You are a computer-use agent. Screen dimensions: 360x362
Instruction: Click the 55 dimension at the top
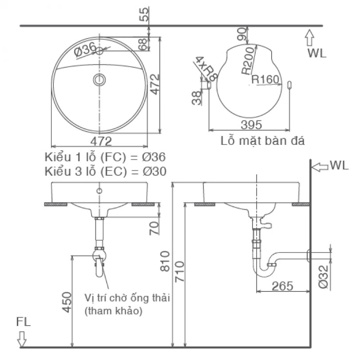pos(144,14)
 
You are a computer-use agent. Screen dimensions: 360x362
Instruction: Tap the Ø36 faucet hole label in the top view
pos(85,49)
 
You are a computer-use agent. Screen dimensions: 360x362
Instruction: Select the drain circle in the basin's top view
pos(99,80)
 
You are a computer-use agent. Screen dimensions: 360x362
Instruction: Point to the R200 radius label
pos(248,61)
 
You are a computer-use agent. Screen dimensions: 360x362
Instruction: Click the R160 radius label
pos(265,80)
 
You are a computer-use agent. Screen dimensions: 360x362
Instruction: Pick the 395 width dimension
pos(252,125)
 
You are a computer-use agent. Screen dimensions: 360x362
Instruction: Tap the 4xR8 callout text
pos(206,68)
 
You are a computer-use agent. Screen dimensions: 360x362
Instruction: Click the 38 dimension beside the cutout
pos(197,98)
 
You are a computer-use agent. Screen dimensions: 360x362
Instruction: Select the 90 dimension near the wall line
pos(242,34)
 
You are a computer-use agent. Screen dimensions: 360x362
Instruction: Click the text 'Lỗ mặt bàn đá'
pos(262,141)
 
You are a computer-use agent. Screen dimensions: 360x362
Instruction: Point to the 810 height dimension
pos(165,261)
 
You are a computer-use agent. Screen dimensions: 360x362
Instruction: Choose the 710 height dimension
pos(180,271)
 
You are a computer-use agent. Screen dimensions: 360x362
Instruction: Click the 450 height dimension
pos(67,302)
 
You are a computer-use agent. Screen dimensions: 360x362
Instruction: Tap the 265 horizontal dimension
pos(282,286)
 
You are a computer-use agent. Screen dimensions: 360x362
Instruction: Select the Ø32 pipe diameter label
pos(323,277)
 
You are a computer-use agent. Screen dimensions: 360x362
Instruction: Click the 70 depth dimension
pos(154,228)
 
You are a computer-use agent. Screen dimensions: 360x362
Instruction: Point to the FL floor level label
pos(24,322)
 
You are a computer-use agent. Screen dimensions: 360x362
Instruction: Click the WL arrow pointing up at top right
pos(310,38)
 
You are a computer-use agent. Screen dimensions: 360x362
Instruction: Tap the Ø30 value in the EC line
pos(154,171)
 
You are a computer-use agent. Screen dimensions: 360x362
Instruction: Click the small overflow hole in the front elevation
pos(99,191)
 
